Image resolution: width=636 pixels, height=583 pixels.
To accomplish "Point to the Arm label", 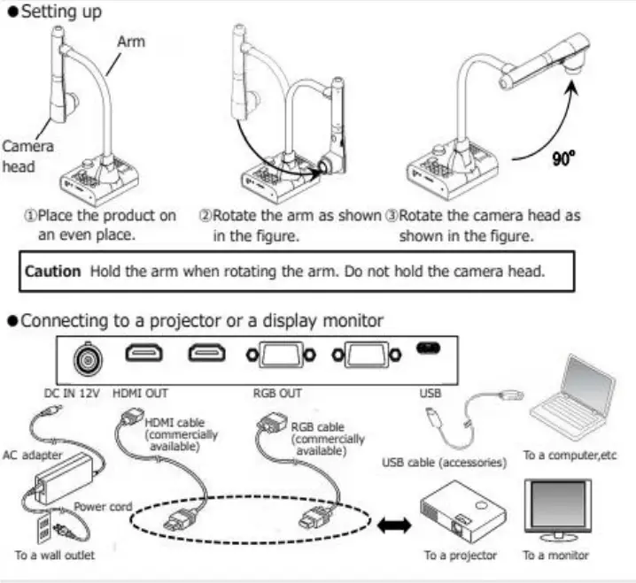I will [131, 42].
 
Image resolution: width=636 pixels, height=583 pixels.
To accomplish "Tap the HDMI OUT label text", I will [141, 392].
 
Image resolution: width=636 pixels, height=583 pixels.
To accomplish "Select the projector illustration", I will [461, 512].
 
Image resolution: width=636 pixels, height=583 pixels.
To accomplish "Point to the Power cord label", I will [103, 506].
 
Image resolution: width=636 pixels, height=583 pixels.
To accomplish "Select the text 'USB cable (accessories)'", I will [444, 462].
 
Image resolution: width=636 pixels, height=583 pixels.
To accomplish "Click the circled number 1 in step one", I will [27, 216].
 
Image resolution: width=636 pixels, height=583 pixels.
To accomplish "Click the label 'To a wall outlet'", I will [54, 556].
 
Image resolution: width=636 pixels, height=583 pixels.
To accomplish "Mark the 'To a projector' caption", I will [460, 556].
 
